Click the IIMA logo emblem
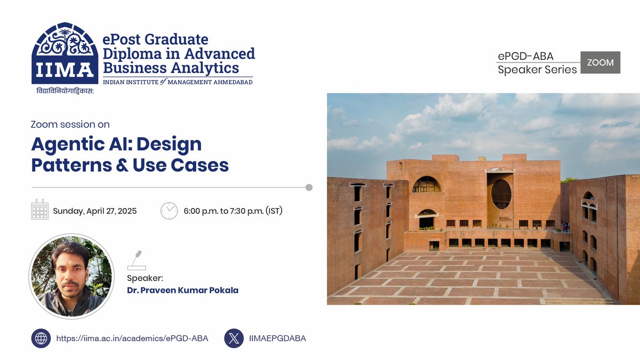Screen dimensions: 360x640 (65, 53)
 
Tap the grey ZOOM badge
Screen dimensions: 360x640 (600, 62)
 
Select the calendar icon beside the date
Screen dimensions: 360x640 (40, 210)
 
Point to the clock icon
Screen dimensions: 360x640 (169, 210)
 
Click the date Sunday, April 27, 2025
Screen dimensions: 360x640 (95, 211)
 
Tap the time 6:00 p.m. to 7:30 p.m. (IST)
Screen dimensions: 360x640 (233, 211)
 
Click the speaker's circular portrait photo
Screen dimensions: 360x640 (71, 276)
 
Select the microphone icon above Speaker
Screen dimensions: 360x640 (137, 260)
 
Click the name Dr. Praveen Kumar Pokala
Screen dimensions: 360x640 (182, 290)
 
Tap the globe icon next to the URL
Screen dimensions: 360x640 (41, 338)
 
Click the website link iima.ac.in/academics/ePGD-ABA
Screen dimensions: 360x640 (132, 338)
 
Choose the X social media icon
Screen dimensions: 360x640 (234, 338)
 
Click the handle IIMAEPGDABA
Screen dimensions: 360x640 (277, 338)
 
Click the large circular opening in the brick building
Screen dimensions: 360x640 (501, 194)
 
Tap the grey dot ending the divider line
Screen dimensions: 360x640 (309, 187)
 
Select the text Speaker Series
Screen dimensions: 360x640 (537, 69)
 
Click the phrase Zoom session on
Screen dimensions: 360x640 (70, 124)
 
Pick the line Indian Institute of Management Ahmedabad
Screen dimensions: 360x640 (178, 82)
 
